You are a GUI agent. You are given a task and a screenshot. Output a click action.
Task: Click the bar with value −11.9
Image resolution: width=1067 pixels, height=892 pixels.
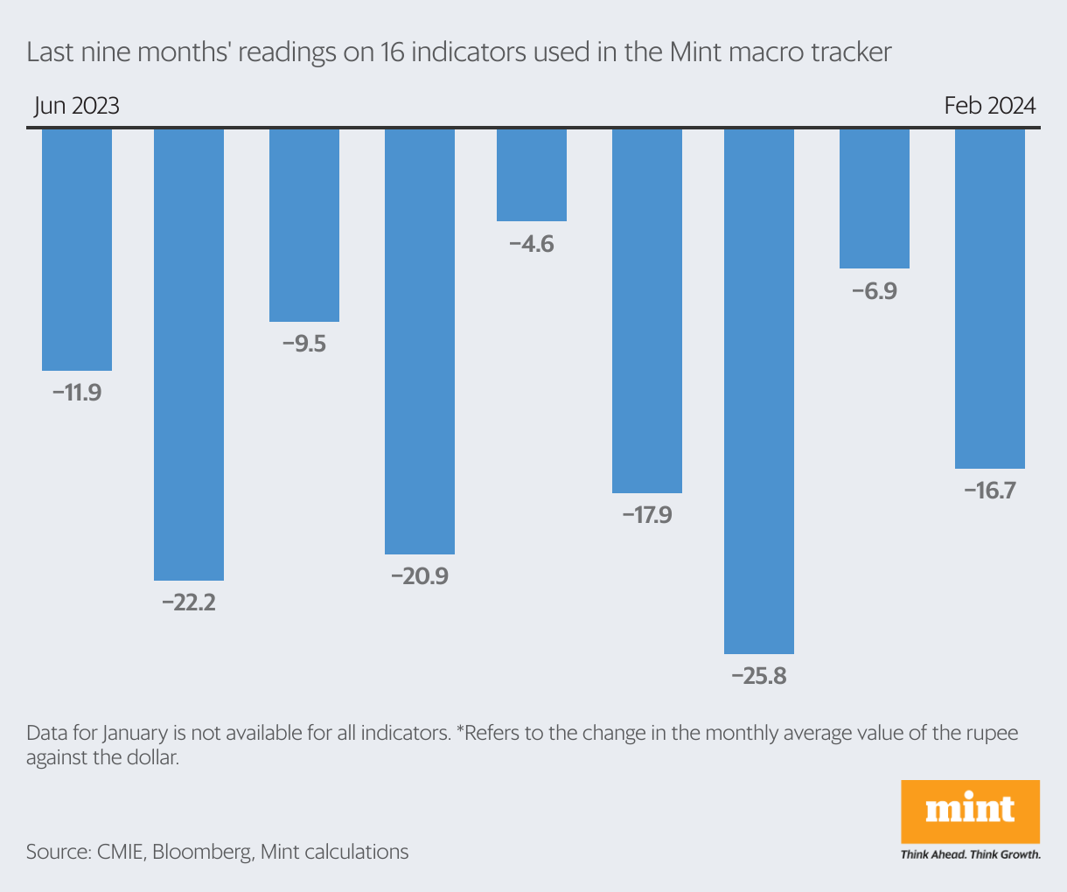point(77,250)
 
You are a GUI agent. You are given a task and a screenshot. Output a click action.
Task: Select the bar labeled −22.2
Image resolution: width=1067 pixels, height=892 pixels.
point(189,354)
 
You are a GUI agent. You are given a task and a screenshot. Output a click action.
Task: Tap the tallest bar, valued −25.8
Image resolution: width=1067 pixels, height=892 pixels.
point(759,391)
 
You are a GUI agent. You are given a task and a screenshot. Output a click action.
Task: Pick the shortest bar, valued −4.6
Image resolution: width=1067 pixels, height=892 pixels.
point(532,175)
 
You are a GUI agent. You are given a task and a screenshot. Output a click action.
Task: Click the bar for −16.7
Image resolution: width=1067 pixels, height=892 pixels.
point(990,298)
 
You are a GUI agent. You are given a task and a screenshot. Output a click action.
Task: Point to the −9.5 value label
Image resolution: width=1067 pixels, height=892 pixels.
point(304,344)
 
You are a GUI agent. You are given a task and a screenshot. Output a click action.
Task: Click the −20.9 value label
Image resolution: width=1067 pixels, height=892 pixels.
point(420,576)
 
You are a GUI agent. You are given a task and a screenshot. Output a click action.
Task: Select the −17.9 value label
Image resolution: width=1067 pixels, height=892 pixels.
point(647,515)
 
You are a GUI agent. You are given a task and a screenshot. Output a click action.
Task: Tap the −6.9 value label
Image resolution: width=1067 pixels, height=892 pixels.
point(875,290)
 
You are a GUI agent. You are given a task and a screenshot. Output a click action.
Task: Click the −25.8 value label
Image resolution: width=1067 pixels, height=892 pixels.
point(759,676)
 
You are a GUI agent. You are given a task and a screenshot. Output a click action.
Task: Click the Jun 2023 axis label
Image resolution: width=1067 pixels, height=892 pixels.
point(77,106)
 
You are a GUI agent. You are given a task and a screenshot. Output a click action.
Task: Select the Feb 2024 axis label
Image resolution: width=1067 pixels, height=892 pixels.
point(990,106)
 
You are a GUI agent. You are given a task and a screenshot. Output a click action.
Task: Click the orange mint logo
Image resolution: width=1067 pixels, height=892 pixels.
point(970,811)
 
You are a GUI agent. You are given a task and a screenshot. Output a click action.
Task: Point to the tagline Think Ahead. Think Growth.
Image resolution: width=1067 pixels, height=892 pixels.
point(970,854)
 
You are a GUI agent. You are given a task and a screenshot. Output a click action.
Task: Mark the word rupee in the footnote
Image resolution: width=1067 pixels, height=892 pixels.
point(989,732)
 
